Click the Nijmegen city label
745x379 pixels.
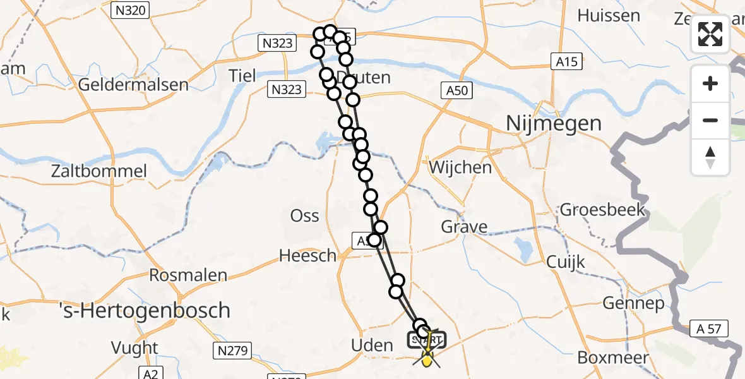tap(554, 123)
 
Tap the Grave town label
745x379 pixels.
tap(464, 227)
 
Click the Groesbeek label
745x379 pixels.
tap(602, 210)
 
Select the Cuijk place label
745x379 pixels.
tap(566, 262)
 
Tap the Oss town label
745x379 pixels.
tap(304, 215)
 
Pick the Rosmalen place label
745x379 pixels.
tap(188, 275)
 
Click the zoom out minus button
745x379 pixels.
tap(710, 120)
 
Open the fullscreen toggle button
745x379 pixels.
tap(710, 34)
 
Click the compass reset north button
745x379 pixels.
tap(710, 157)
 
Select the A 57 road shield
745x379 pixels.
tap(710, 328)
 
